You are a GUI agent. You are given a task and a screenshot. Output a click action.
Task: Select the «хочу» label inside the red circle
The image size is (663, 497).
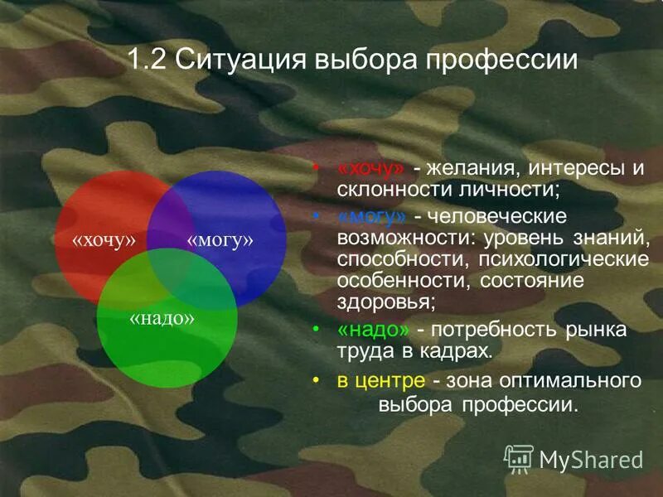(x=104, y=240)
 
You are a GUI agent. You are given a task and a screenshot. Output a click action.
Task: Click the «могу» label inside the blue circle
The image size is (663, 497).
(x=220, y=240)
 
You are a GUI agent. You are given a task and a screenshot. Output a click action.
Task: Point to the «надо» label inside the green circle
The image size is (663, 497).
(x=162, y=318)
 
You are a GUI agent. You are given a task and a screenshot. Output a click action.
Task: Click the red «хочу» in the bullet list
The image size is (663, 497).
(x=371, y=168)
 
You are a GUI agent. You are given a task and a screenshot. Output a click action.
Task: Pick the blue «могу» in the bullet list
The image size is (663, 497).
(x=372, y=216)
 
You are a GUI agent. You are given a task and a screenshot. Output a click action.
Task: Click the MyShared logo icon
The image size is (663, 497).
(x=519, y=458)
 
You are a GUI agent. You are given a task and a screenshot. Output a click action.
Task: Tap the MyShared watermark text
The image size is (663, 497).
(x=591, y=459)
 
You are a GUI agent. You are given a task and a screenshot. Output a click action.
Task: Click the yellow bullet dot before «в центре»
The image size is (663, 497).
(x=316, y=380)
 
